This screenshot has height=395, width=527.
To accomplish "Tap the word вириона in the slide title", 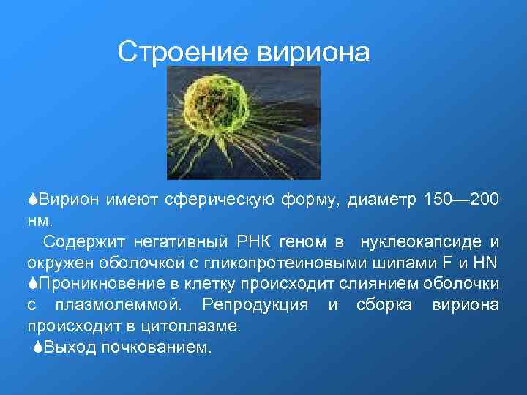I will [x=313, y=52].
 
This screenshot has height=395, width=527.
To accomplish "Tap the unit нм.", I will [x=40, y=219].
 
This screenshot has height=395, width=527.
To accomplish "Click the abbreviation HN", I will [x=487, y=262].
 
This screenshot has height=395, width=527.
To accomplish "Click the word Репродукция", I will [x=255, y=304].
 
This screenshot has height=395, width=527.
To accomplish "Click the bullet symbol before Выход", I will [x=37, y=347].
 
